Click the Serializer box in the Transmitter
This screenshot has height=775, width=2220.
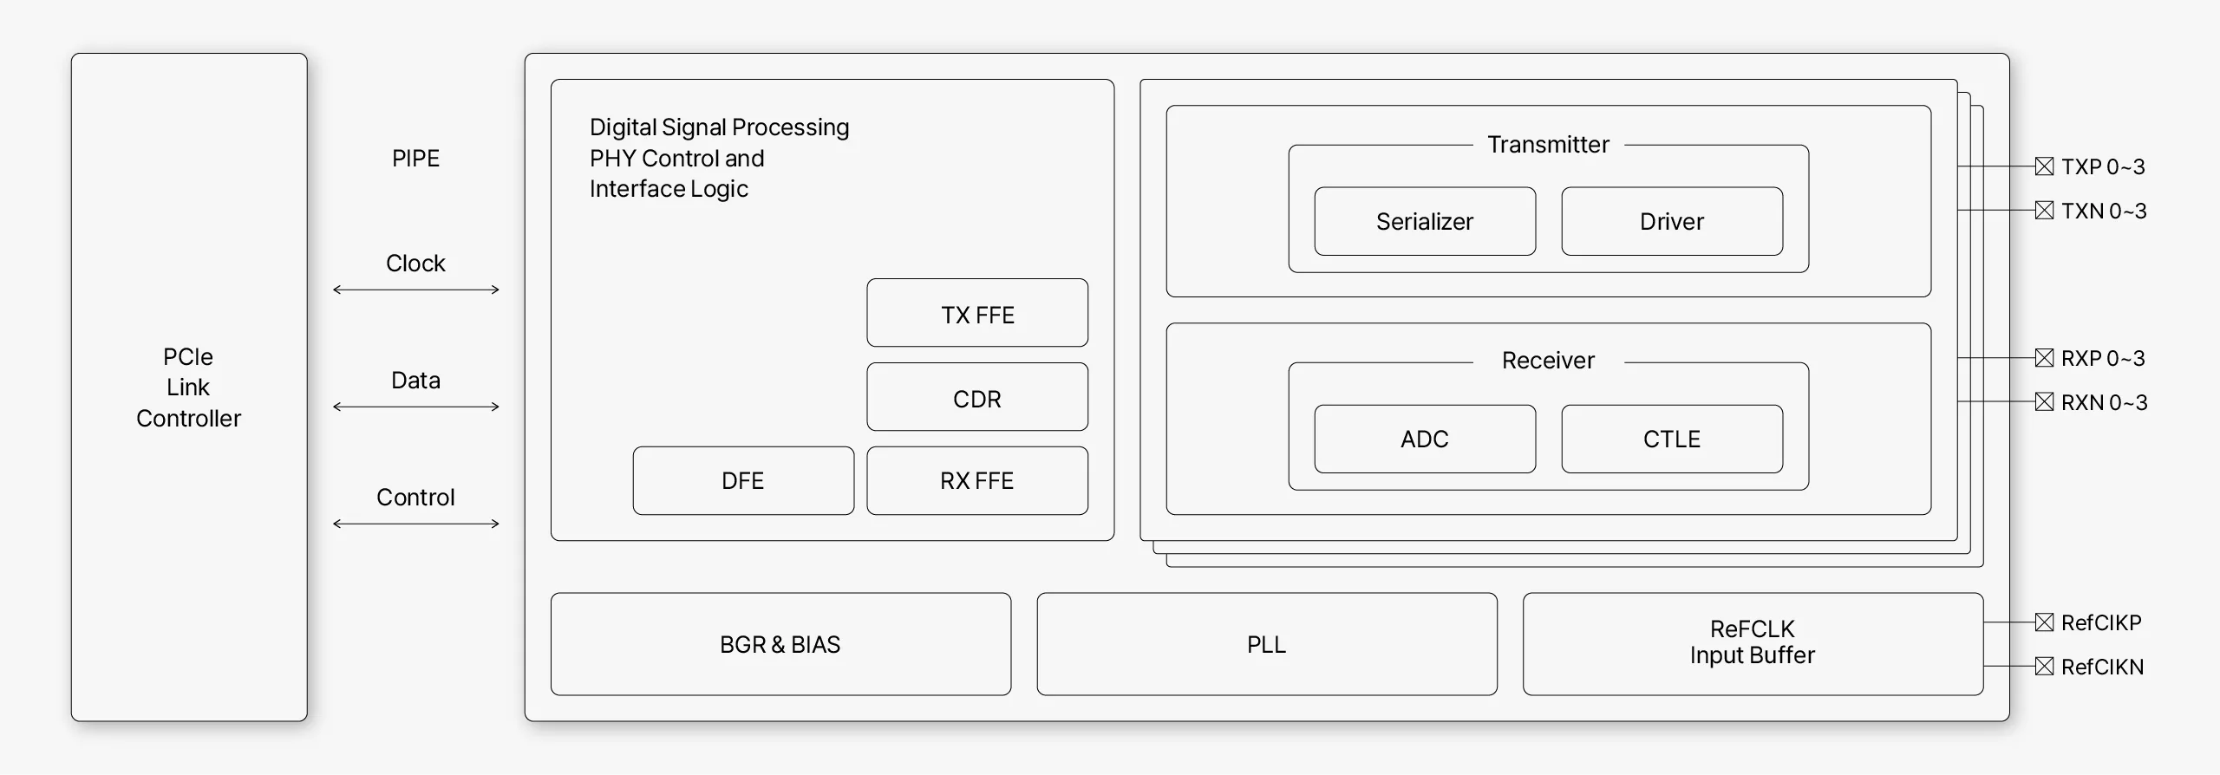coord(1425,221)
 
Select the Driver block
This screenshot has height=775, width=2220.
coord(1672,221)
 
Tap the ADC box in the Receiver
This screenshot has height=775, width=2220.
coord(1425,439)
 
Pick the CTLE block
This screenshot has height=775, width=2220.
coord(1672,439)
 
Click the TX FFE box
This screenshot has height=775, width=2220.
coord(977,313)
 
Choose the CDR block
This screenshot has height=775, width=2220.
coord(977,397)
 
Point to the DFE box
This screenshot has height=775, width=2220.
coord(743,480)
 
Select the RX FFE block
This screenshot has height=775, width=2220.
coord(977,480)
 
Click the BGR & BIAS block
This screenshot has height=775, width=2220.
coord(780,644)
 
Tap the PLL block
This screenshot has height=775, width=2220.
coord(1266,644)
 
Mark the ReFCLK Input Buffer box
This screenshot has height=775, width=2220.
coord(1753,643)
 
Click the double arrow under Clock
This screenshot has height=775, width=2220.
coord(416,290)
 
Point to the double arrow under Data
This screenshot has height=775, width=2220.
coord(416,407)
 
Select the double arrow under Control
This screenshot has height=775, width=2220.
coord(416,524)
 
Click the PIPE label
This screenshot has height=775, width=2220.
coord(415,159)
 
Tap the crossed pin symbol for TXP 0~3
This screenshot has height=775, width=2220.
coord(2044,166)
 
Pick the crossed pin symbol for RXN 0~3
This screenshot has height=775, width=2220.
coord(2044,401)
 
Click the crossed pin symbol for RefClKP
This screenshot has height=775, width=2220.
coord(2044,622)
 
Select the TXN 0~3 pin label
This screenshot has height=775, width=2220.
coord(2104,211)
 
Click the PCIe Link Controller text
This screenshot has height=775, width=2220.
coord(188,387)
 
